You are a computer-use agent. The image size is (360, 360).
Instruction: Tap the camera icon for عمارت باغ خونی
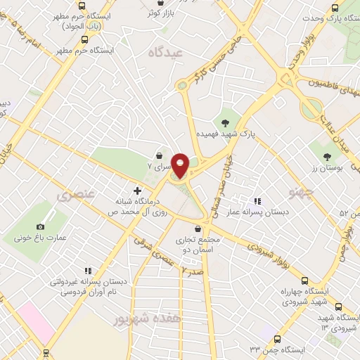click(x=40, y=226)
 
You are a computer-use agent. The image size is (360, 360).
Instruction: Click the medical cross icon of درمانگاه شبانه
click(x=136, y=190)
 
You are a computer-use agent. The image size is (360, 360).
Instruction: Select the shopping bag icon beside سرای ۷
click(x=160, y=155)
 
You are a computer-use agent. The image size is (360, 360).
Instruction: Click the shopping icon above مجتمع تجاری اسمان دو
click(x=198, y=229)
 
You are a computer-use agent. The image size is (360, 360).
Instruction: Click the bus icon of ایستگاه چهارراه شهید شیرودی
click(x=338, y=307)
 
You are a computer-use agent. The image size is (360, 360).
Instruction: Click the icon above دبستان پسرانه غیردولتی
click(x=88, y=270)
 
